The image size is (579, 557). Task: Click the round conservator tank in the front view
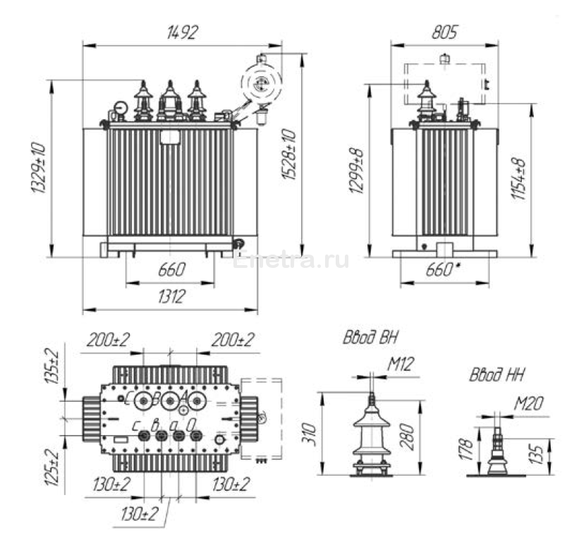pos(261,84)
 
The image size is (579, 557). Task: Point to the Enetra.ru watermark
pos(291,260)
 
